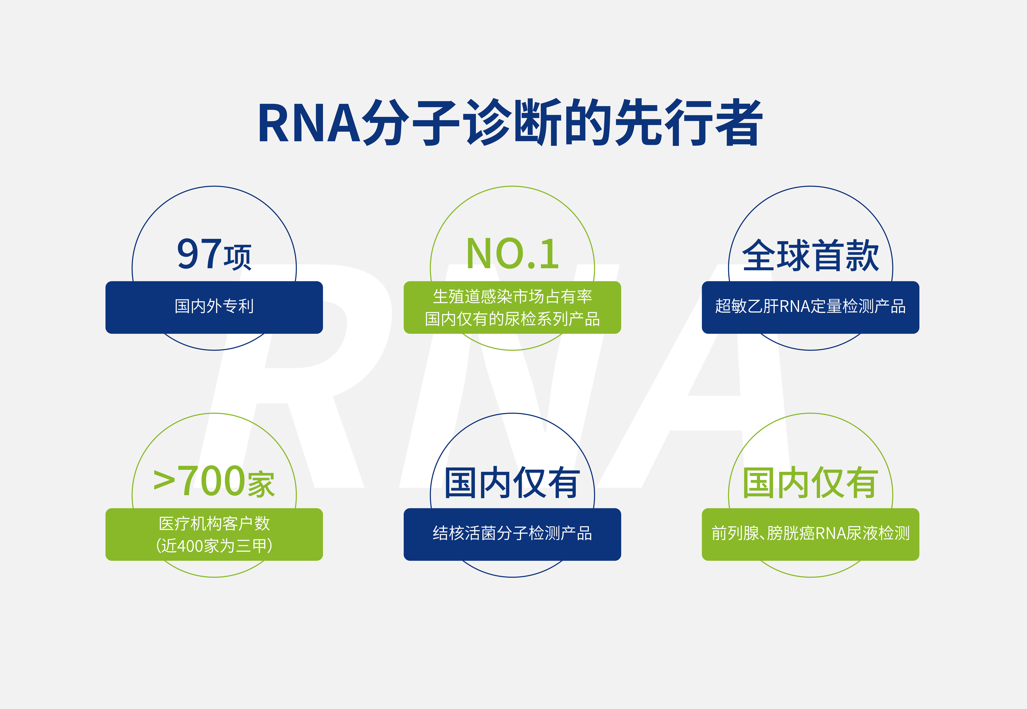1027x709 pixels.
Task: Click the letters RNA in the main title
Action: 309,124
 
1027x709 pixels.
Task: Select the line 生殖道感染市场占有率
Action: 512,296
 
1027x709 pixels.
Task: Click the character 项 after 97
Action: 238,258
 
